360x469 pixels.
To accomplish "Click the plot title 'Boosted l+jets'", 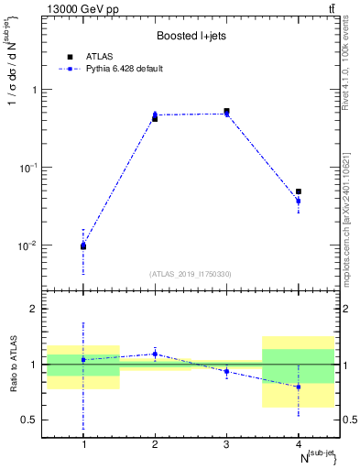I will (190, 36).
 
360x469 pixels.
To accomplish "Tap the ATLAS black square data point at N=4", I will (298, 191).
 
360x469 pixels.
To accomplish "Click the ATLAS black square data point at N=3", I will (226, 111).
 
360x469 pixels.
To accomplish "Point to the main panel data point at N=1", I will (83, 245).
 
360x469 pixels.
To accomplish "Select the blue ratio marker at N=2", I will (155, 354).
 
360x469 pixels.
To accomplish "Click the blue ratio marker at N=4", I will (298, 387).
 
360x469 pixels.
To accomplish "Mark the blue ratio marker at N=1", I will (83, 359).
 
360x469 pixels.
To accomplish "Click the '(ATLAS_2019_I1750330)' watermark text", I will (190, 274).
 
